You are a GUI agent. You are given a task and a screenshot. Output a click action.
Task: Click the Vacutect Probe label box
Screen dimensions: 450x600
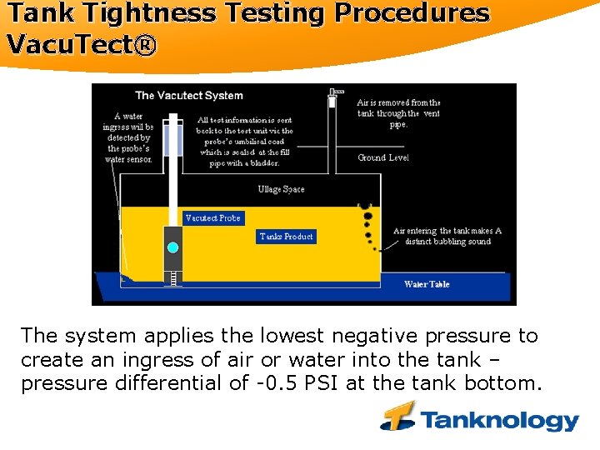(213, 218)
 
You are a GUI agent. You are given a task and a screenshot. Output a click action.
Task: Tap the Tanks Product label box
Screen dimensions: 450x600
(286, 237)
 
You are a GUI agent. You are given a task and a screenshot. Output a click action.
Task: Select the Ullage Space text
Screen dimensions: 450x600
(281, 189)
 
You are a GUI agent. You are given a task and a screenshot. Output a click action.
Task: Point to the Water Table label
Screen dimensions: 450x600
(427, 284)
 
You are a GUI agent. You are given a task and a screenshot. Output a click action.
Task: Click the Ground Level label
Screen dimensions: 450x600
(383, 157)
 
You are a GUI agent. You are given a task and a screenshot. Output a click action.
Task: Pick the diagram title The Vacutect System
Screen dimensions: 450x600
(189, 96)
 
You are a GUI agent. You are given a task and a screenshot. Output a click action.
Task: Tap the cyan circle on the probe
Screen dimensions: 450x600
(172, 247)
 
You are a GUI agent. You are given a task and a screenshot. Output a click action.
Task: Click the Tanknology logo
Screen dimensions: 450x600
(480, 418)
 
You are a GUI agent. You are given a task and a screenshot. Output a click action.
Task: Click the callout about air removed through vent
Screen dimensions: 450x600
(398, 113)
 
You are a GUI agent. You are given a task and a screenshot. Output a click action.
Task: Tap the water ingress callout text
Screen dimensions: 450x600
(129, 137)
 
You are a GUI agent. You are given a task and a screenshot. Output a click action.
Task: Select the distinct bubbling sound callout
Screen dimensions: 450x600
(447, 236)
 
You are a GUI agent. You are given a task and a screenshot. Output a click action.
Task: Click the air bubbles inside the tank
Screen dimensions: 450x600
(367, 222)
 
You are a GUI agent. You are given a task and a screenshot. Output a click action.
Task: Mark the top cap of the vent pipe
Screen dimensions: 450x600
(336, 92)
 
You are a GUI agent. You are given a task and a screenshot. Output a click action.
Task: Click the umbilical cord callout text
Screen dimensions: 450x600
(244, 141)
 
